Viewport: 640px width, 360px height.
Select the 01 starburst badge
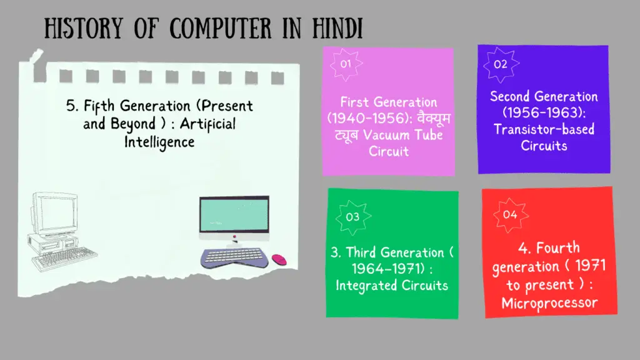point(345,64)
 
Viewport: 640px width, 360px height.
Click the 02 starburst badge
point(501,64)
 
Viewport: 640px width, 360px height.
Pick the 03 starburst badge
point(352,217)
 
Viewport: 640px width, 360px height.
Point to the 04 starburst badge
point(510,215)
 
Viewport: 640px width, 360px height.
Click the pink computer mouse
point(279,259)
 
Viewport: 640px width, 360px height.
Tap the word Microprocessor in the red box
point(549,303)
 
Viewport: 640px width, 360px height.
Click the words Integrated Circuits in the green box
point(392,285)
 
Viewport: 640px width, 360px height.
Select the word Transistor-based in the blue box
point(544,129)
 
